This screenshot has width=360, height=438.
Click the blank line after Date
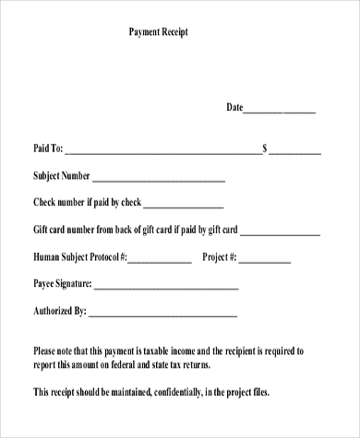click(280, 111)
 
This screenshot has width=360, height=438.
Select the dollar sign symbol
click(266, 148)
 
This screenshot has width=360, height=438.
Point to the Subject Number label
click(61, 176)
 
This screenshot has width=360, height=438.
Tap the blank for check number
click(184, 206)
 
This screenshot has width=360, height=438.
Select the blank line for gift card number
click(282, 232)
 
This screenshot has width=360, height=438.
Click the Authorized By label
click(60, 311)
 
